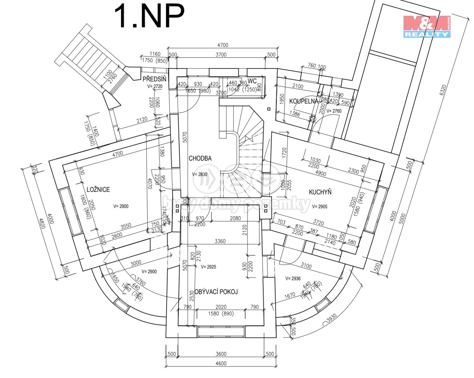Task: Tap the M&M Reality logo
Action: pos(426,26)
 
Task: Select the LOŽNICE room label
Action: pos(98,189)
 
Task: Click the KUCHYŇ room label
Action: pos(320,192)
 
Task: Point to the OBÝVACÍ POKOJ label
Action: pos(216,292)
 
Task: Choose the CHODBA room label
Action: pos(200,159)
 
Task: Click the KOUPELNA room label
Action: pos(304,101)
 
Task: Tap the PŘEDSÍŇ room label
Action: pos(154,79)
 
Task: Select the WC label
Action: pos(252,81)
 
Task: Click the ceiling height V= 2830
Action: pos(199,174)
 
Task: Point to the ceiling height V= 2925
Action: pos(209,267)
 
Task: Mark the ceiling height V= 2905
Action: pos(320,206)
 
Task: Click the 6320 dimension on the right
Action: pos(443,90)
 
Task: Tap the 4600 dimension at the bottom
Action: pos(221,363)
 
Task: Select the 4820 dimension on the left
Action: pos(42,223)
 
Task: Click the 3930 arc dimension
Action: pos(331,318)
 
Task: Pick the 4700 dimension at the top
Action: pos(223,45)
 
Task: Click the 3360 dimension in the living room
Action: pos(220,241)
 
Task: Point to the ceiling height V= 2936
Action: pos(293,279)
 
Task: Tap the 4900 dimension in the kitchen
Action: pos(320,174)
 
